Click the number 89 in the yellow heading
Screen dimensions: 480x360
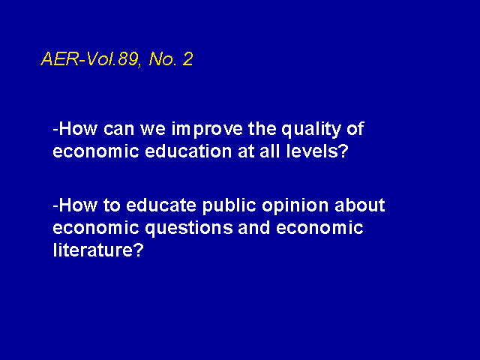tap(128, 58)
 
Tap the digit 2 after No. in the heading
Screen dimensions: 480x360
tap(187, 58)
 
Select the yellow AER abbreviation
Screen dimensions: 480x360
tap(60, 58)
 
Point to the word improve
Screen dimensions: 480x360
tap(207, 130)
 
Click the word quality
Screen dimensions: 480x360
tap(310, 130)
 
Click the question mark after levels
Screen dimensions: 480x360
tap(344, 151)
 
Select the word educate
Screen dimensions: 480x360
tap(161, 205)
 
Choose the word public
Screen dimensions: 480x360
tap(229, 205)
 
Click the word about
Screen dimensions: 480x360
tap(360, 205)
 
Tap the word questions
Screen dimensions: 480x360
tap(189, 229)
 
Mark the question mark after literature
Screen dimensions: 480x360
tap(139, 250)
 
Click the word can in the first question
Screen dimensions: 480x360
tap(118, 130)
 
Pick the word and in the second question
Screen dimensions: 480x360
tap(254, 227)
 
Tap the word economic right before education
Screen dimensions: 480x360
tap(96, 151)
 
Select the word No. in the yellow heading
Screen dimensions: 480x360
tap(163, 58)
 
